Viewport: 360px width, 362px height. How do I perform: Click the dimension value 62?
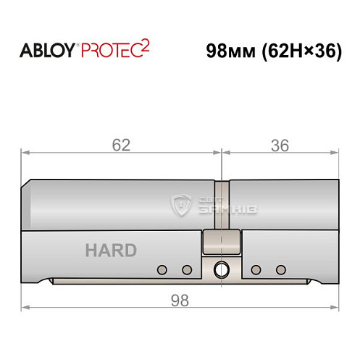pyautogui.click(x=121, y=145)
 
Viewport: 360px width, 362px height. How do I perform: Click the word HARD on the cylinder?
pyautogui.click(x=111, y=251)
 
